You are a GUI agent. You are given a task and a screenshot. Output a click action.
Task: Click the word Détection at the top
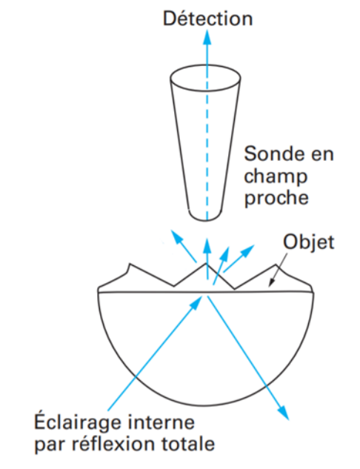click(x=208, y=19)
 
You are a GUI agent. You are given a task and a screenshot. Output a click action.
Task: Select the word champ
click(x=276, y=177)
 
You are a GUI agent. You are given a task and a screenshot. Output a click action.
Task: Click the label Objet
click(x=308, y=242)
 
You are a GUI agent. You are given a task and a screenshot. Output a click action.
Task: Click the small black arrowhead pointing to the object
click(x=272, y=282)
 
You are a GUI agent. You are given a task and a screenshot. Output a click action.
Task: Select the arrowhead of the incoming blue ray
click(x=196, y=303)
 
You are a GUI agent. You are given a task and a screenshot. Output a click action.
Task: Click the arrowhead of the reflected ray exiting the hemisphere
click(x=284, y=413)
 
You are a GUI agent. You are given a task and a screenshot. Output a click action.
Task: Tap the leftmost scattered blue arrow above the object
click(x=183, y=247)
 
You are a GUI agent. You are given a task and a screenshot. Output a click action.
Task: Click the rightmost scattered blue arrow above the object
click(x=239, y=259)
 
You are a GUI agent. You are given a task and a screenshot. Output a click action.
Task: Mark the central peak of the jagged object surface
click(x=205, y=264)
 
